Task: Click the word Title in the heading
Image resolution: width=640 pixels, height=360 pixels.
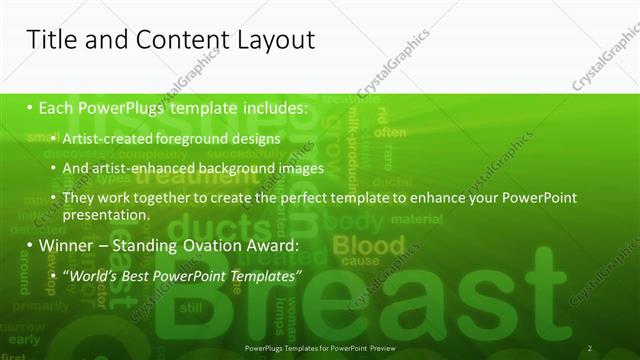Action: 52,40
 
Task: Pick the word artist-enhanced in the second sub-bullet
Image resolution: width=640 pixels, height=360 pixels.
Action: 138,169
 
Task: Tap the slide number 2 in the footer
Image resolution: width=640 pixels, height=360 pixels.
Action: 590,348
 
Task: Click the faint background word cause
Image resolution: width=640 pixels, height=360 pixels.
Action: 355,260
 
